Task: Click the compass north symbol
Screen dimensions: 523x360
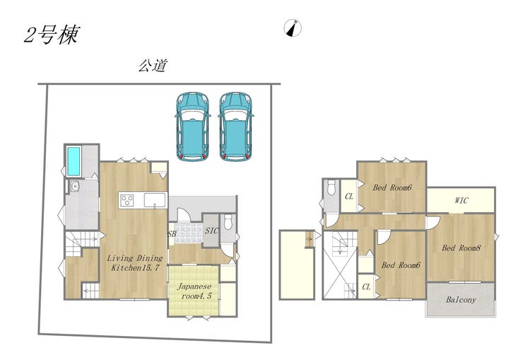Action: [293, 28]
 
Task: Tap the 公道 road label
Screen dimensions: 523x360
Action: [153, 66]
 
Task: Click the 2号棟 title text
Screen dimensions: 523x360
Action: [52, 35]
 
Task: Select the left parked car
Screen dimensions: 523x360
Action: [192, 127]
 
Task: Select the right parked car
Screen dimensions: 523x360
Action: [236, 127]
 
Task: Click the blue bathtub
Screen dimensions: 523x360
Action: [74, 161]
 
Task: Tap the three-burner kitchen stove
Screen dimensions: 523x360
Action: [127, 200]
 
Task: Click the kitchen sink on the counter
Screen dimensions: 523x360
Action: [155, 200]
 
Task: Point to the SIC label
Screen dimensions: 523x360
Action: [211, 230]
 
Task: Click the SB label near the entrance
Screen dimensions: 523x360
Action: [172, 234]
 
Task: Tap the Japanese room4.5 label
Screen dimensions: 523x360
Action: [194, 291]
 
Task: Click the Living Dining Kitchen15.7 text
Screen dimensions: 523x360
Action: [135, 262]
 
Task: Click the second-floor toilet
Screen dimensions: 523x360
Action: [331, 187]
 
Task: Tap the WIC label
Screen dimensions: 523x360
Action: [462, 201]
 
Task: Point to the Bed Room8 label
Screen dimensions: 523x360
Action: [461, 248]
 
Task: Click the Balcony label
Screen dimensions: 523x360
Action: [461, 300]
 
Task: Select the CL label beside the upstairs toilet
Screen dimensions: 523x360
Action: [349, 197]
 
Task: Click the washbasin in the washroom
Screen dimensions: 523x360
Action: [75, 186]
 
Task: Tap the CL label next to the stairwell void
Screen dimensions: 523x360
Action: [366, 286]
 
